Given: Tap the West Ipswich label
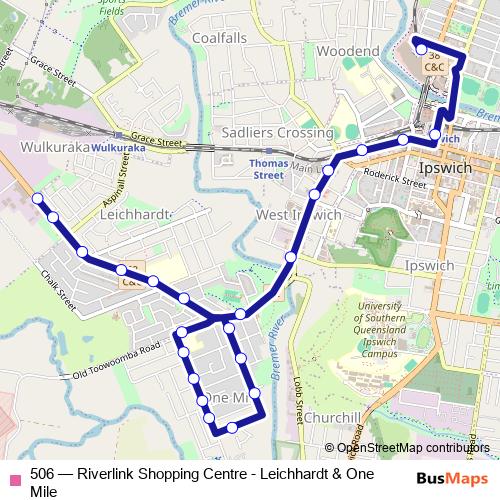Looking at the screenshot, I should (299, 215).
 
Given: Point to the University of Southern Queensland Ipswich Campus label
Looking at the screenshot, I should (379, 329).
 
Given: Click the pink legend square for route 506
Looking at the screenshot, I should (14, 475).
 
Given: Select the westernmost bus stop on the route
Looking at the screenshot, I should (39, 199).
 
